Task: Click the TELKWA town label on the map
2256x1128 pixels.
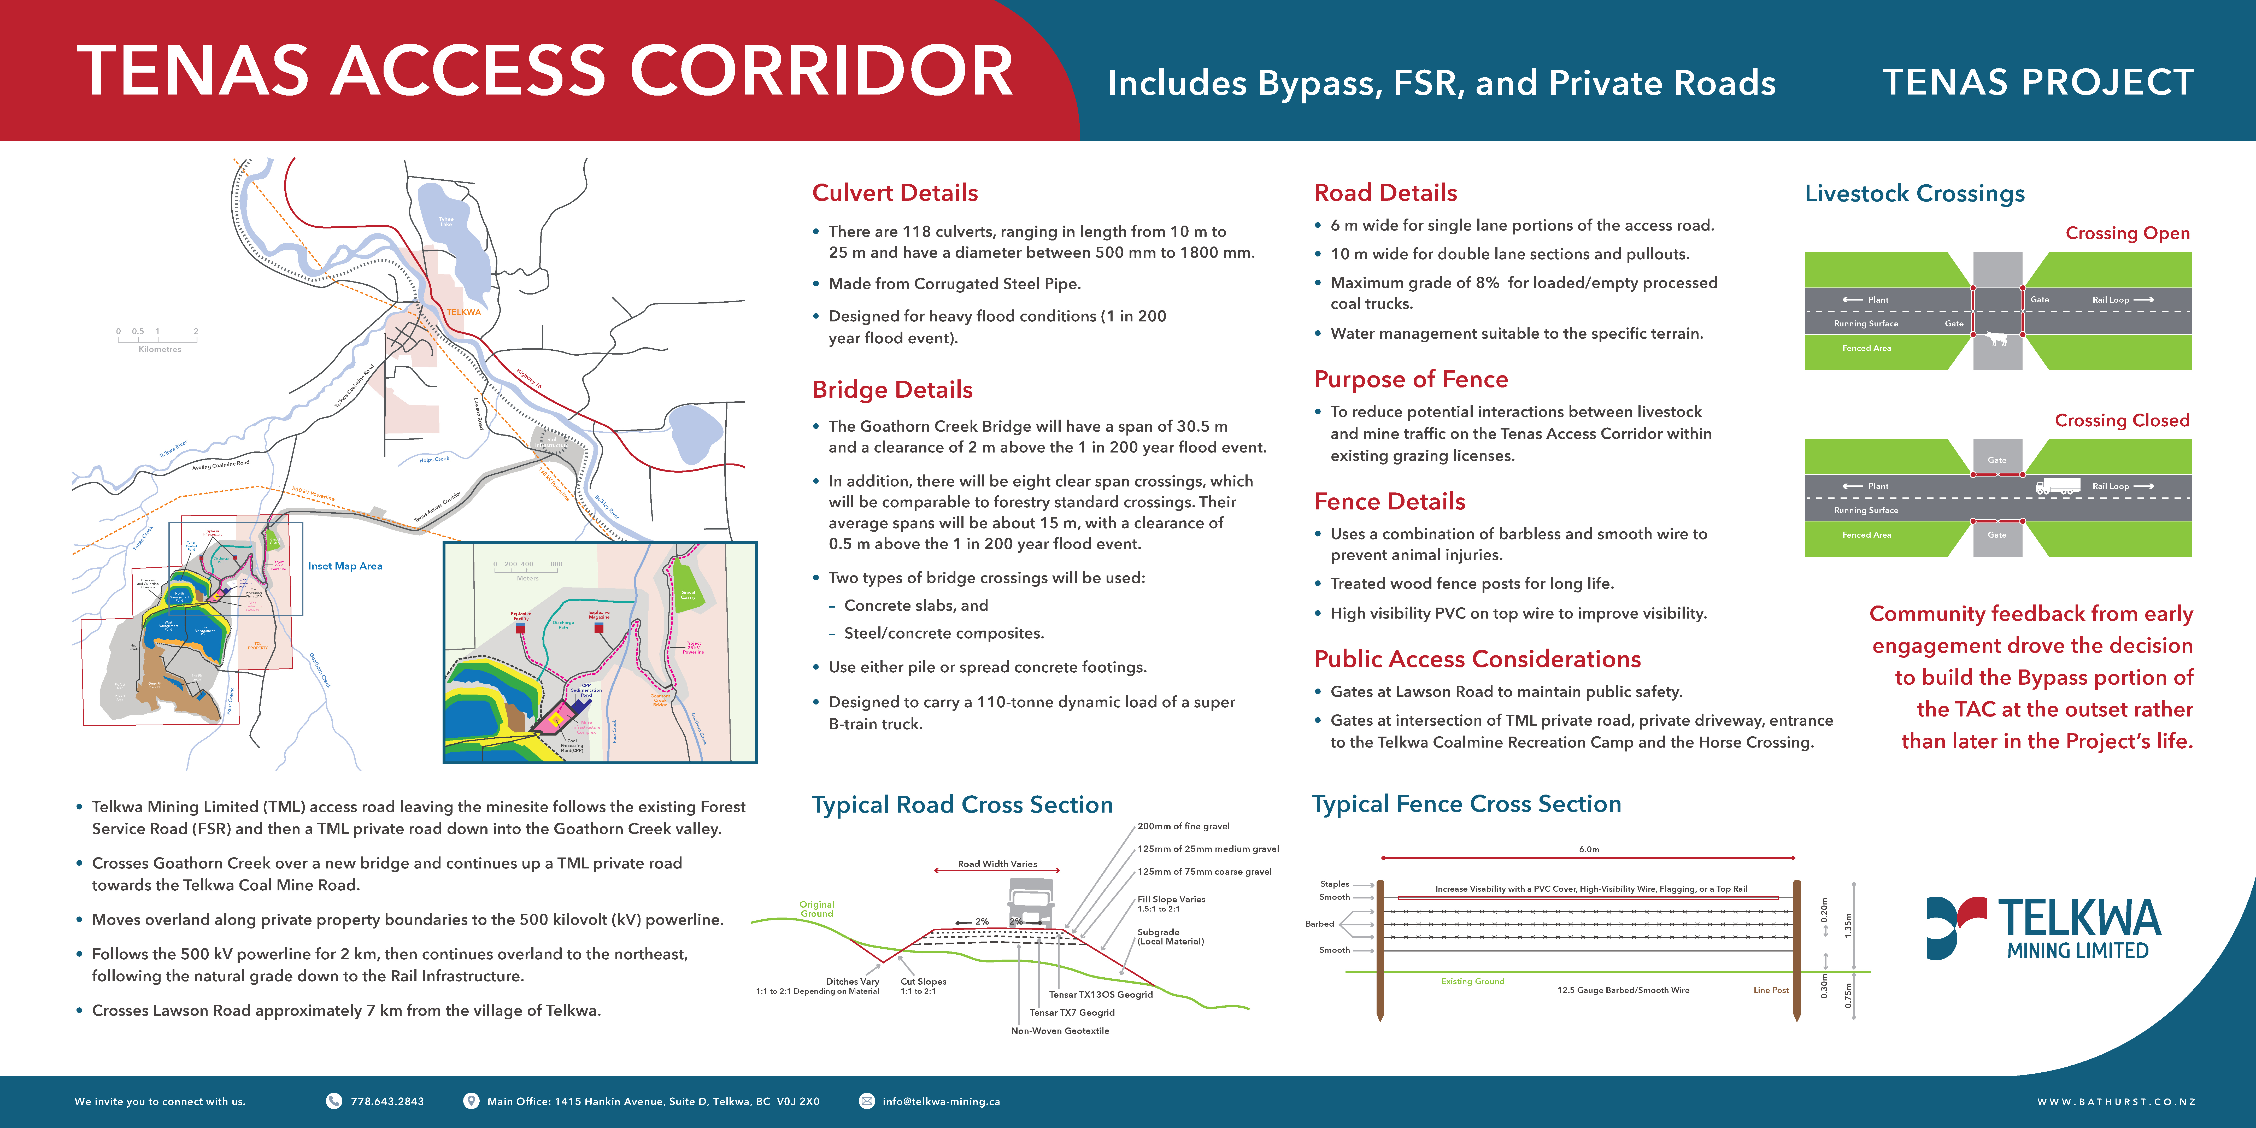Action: [463, 312]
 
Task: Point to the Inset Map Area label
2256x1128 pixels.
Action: [345, 566]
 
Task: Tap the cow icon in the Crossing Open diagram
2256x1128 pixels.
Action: [1997, 338]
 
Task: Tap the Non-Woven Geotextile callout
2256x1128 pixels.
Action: [1060, 1031]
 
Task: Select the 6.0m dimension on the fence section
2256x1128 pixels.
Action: [1589, 849]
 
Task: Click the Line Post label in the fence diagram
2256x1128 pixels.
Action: [1770, 990]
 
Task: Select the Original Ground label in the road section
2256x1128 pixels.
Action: [816, 909]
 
